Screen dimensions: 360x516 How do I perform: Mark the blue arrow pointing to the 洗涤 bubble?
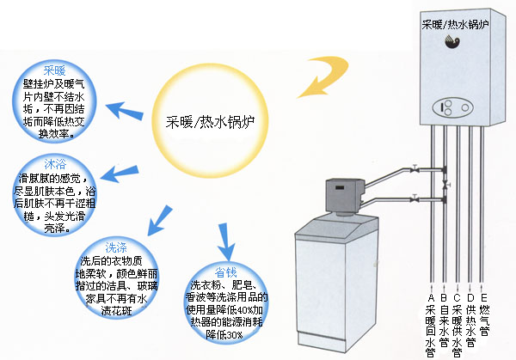click(156, 226)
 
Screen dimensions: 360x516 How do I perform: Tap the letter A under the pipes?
click(430, 297)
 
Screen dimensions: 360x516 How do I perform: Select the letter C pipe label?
click(458, 297)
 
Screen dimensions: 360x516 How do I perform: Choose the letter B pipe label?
click(444, 297)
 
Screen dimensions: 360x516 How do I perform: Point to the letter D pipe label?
click(470, 297)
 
